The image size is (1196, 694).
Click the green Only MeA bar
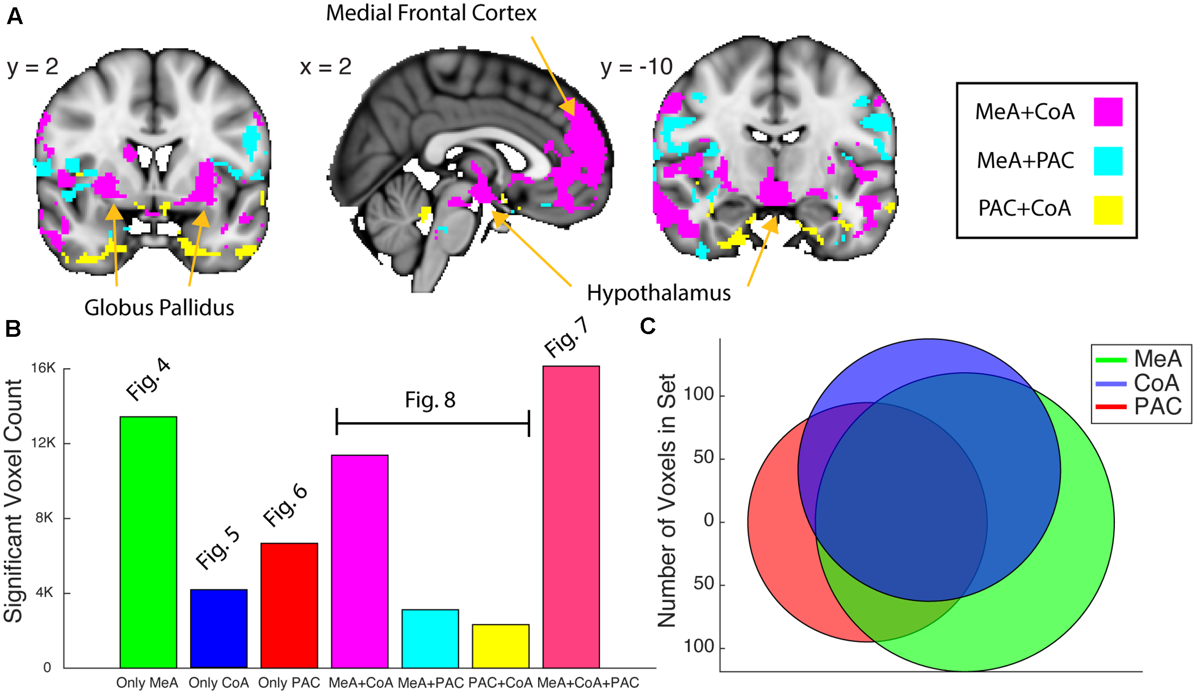coord(148,542)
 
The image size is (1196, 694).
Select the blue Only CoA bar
coord(218,629)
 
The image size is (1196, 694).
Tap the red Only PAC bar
coord(289,605)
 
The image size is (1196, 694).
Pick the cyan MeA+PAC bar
coord(430,638)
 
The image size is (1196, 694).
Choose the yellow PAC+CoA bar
coord(500,646)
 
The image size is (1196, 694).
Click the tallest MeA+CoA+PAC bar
coord(571,516)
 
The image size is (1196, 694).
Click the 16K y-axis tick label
coord(43,368)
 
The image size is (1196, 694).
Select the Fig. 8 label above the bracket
coord(430,401)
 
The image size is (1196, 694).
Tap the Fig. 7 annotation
coord(566,338)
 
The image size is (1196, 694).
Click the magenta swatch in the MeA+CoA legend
coord(1107,112)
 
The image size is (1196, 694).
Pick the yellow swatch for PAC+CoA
coord(1107,210)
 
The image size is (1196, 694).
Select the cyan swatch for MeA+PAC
coord(1107,161)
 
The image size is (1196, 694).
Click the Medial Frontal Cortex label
coord(431,13)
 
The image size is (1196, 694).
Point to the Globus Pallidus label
coord(159,308)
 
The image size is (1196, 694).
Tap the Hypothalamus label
coord(659,293)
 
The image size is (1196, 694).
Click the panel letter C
coord(648,326)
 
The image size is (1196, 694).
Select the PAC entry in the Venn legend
coord(1158,406)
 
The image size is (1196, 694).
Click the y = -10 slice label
coord(637,67)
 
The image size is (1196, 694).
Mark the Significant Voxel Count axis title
coord(14,501)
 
